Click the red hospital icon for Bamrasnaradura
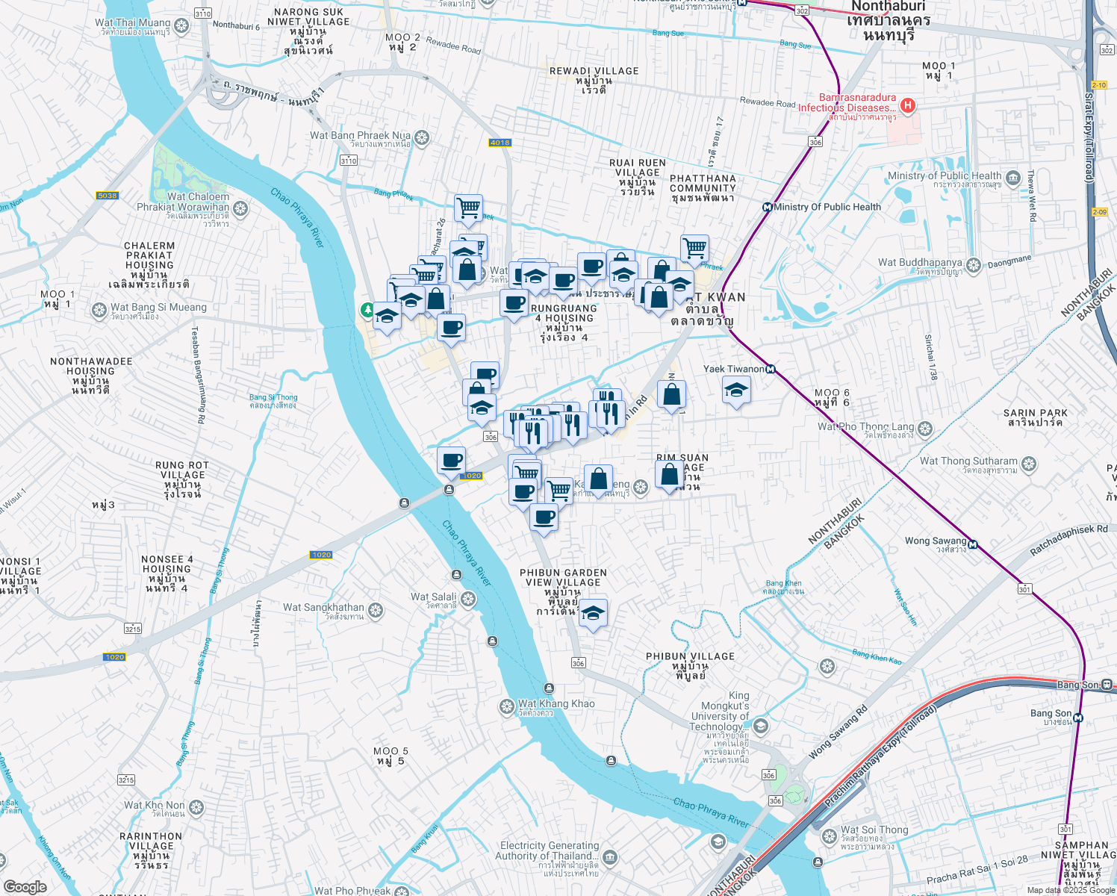click(907, 105)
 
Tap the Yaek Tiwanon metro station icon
click(770, 369)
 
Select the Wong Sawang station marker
click(972, 544)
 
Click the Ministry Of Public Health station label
click(827, 207)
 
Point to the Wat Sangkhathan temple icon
click(376, 610)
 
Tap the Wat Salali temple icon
click(468, 599)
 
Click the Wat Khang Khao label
click(556, 703)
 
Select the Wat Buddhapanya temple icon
click(974, 265)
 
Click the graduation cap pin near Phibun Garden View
click(593, 614)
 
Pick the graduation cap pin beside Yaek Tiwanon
click(736, 391)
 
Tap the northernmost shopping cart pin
click(468, 208)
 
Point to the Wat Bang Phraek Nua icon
click(422, 137)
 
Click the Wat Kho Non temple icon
click(196, 807)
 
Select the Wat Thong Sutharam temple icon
click(1029, 464)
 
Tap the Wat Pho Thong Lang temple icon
click(925, 429)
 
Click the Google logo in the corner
click(25, 886)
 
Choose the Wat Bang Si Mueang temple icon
click(99, 310)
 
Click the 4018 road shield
click(500, 143)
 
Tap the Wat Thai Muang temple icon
click(181, 25)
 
